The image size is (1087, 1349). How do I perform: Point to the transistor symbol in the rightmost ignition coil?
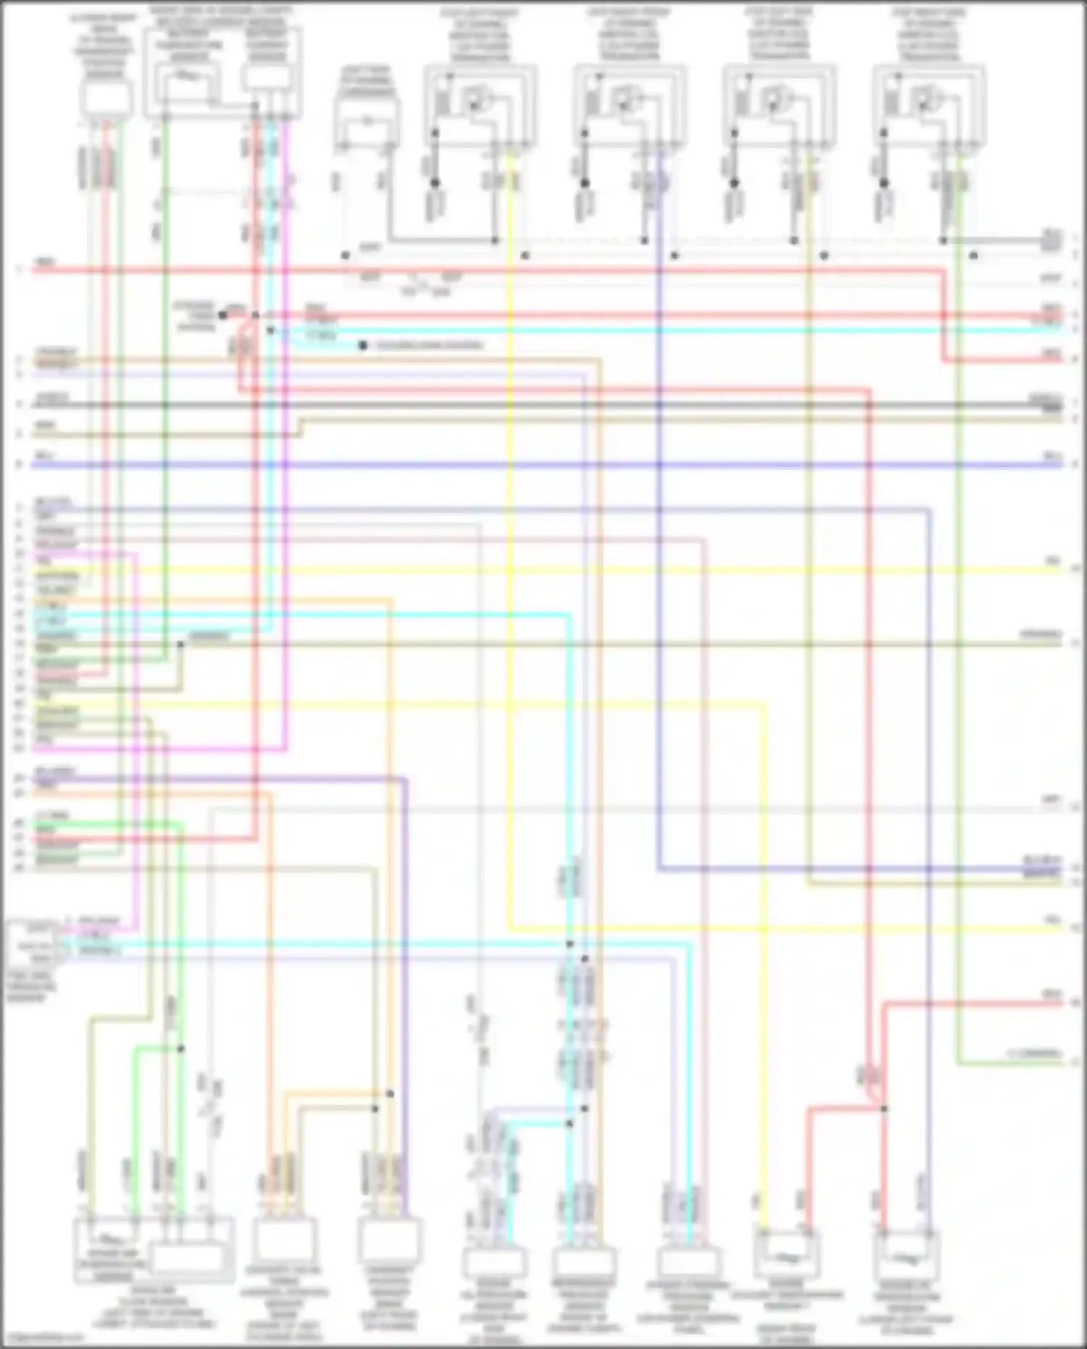[925, 99]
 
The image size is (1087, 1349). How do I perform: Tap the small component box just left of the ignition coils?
[367, 120]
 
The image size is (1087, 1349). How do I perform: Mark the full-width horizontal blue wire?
[543, 464]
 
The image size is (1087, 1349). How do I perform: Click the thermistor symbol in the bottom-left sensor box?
[109, 1237]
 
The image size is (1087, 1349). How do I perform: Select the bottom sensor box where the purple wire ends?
[389, 1240]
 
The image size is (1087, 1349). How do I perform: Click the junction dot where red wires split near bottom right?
[883, 1108]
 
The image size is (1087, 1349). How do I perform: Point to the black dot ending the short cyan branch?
[362, 346]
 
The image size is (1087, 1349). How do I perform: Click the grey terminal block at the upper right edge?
[1051, 241]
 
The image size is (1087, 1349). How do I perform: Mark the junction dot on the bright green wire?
[180, 1049]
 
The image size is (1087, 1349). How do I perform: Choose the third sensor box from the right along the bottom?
[687, 1261]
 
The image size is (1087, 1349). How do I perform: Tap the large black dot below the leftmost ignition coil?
[435, 183]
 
